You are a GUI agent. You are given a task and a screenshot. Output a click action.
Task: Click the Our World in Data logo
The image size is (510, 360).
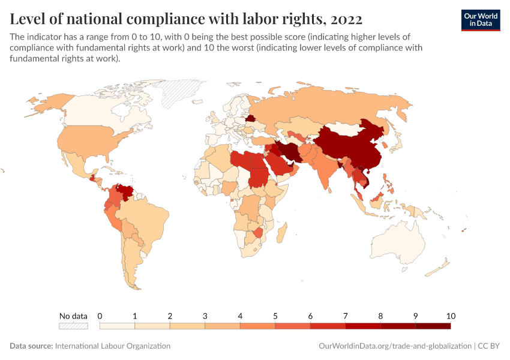click(481, 20)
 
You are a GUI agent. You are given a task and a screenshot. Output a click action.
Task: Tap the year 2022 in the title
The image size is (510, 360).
click(346, 19)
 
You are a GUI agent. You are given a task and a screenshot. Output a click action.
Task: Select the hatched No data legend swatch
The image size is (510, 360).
click(73, 326)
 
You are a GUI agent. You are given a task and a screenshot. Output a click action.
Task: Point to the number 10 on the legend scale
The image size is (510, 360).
click(451, 316)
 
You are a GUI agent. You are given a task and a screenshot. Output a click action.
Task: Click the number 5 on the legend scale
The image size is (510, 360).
click(275, 316)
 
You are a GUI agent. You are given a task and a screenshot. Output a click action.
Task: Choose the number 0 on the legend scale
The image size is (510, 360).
click(100, 316)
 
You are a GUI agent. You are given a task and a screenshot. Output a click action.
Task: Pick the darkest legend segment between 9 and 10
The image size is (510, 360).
click(433, 326)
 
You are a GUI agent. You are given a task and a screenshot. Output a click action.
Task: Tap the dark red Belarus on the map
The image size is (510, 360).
click(250, 118)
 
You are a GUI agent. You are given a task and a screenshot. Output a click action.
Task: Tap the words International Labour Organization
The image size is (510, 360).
click(113, 346)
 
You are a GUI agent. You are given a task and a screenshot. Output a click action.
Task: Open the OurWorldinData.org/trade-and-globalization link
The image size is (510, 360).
click(395, 346)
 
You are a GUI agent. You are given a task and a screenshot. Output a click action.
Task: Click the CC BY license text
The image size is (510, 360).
click(488, 346)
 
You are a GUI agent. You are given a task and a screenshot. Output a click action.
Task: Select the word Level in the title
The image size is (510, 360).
click(28, 19)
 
